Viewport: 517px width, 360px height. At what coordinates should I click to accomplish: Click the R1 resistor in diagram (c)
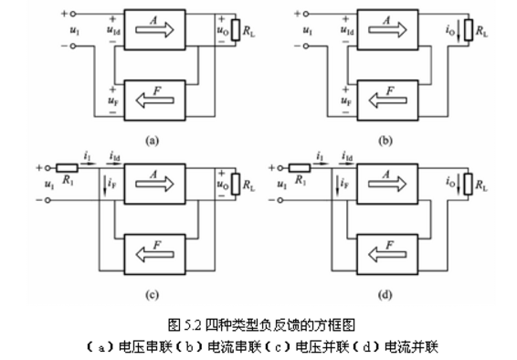(67, 169)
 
